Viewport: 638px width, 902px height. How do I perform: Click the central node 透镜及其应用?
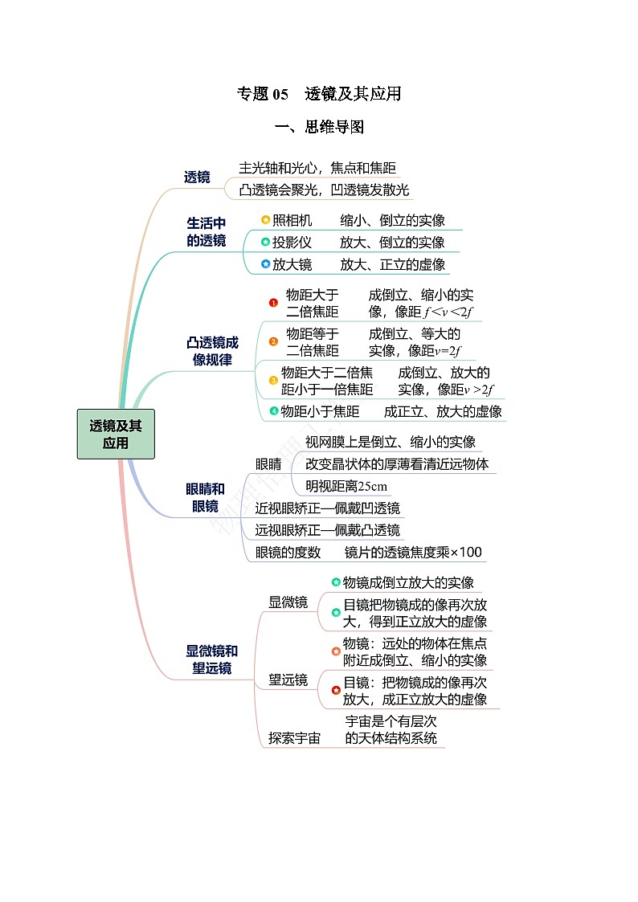[116, 434]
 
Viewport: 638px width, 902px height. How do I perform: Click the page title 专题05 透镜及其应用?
[319, 94]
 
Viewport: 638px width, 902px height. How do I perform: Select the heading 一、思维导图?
[319, 127]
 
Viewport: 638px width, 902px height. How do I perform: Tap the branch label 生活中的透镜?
[207, 231]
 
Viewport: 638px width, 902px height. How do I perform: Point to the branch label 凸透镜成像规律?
[212, 351]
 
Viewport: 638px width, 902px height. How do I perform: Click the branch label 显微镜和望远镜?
[211, 659]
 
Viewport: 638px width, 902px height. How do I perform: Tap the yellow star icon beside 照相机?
[265, 220]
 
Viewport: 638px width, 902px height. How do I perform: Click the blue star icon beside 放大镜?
[265, 263]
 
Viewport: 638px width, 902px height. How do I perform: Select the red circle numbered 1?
[273, 303]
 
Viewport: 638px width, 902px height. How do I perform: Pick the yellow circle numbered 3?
[273, 380]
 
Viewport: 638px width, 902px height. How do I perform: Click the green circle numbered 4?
[273, 411]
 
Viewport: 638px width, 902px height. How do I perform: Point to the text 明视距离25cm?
[346, 486]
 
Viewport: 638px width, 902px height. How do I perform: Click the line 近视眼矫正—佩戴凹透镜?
[327, 508]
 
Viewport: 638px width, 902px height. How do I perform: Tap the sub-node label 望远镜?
[288, 680]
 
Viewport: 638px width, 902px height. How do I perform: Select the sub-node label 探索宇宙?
[294, 737]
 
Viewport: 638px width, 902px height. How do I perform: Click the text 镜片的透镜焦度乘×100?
[413, 552]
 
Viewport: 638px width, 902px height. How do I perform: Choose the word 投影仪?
[292, 242]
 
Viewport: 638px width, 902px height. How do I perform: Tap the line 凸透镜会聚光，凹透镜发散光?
[324, 190]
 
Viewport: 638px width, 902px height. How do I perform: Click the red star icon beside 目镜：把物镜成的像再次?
[336, 690]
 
